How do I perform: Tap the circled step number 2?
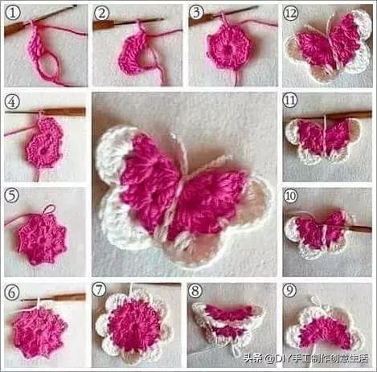click(102, 12)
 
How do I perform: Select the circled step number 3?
click(197, 12)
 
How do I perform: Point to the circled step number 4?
click(12, 102)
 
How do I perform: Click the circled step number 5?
click(12, 195)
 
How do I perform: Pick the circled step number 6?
click(12, 290)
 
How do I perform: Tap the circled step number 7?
click(100, 289)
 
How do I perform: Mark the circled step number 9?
click(290, 289)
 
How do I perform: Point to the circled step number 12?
click(290, 12)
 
